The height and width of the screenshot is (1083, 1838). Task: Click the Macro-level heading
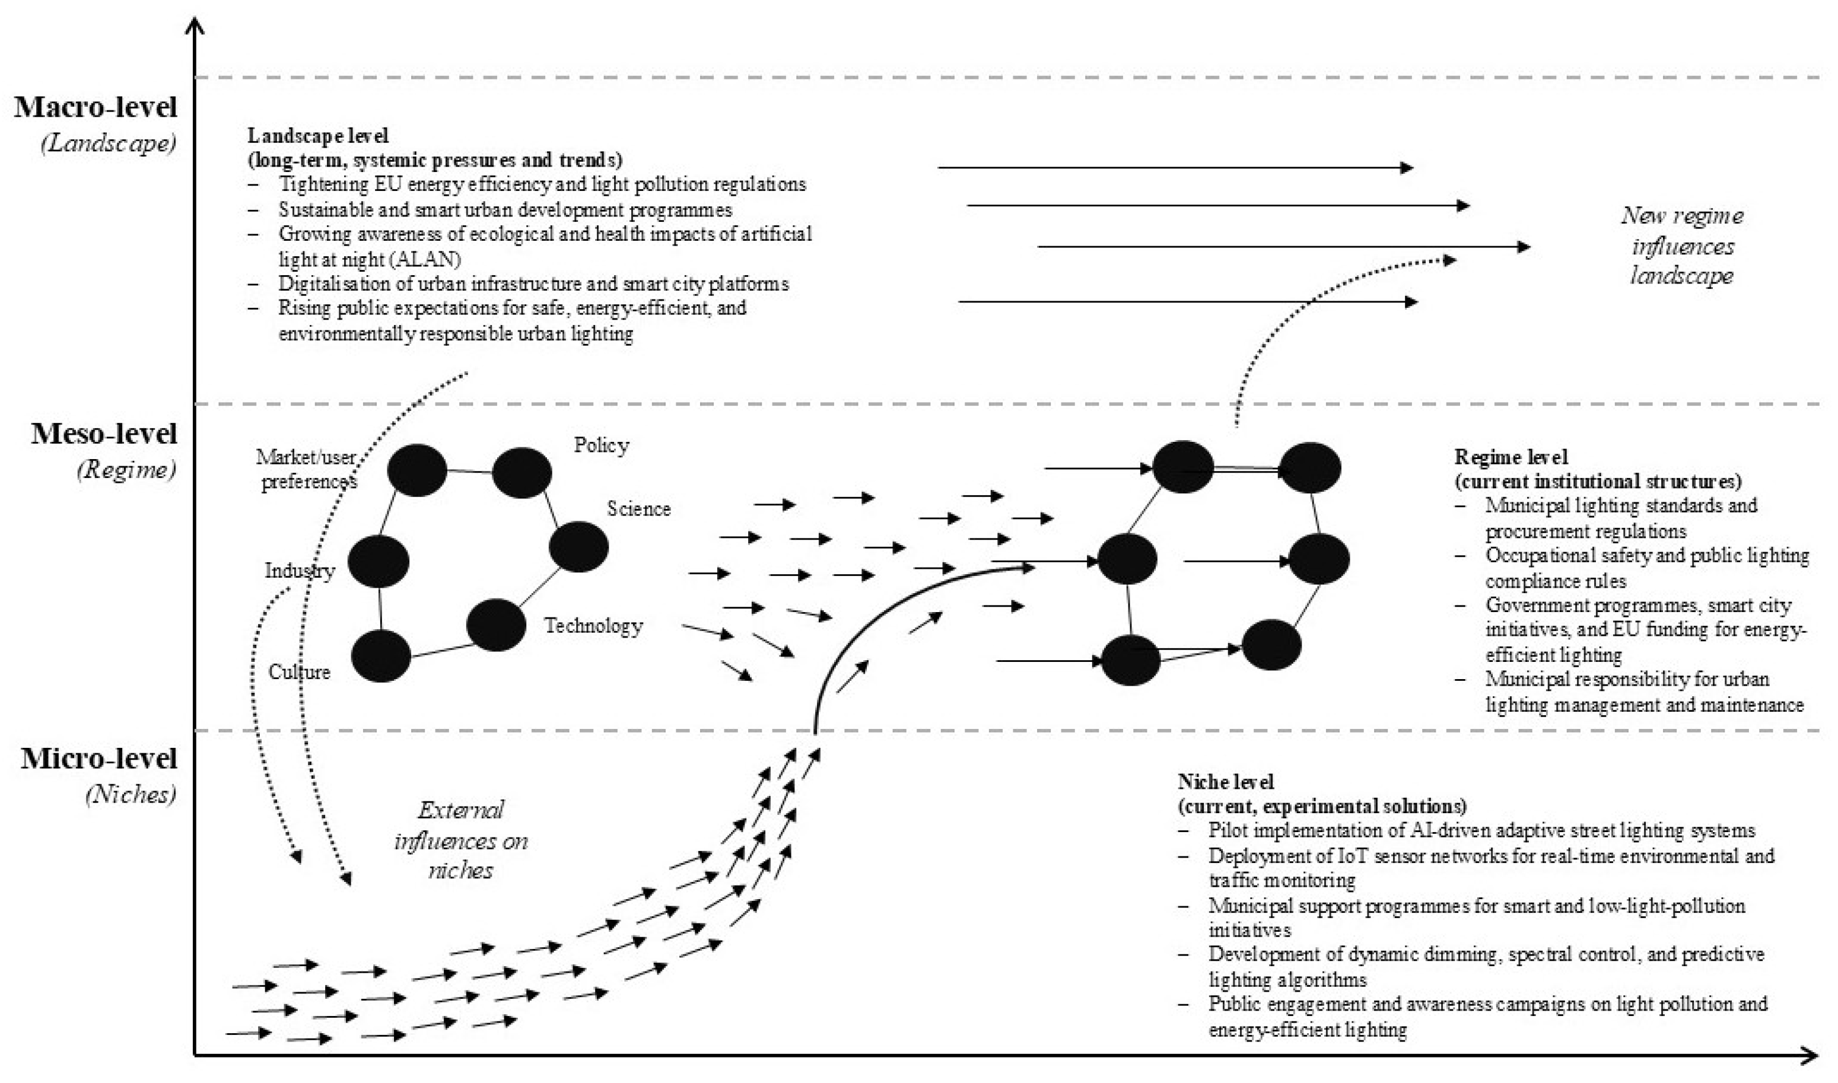[x=96, y=107]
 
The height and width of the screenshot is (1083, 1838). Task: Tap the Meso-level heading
[x=104, y=434]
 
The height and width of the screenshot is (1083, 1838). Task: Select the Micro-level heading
[x=99, y=759]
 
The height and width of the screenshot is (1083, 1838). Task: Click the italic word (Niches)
[x=131, y=794]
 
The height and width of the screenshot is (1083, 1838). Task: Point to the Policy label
[x=601, y=445]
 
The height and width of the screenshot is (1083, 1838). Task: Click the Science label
[x=639, y=509]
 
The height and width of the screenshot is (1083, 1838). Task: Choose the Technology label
[x=593, y=626]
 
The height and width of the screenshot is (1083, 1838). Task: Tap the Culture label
[x=299, y=671]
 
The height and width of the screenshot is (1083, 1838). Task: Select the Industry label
[x=299, y=571]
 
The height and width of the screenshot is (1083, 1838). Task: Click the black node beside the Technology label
[x=495, y=625]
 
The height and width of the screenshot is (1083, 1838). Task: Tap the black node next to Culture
[x=381, y=656]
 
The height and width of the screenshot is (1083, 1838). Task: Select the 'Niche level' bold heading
[x=1226, y=782]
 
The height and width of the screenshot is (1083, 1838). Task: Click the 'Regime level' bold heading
[x=1511, y=457]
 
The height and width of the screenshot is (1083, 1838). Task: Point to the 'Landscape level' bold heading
[x=317, y=136]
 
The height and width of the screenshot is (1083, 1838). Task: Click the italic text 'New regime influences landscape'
[x=1682, y=246]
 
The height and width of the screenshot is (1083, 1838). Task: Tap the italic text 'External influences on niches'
[x=460, y=840]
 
